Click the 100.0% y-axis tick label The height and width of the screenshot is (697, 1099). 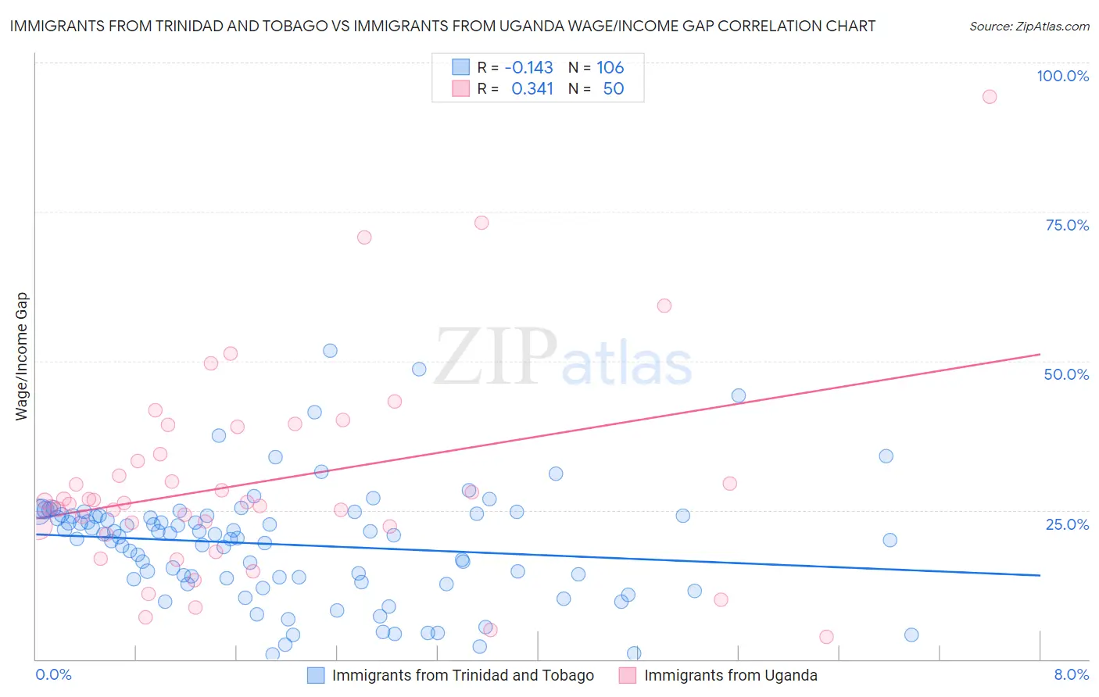point(1062,76)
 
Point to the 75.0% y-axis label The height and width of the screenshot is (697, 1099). point(1067,225)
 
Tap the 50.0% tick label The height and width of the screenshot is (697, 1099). point(1066,374)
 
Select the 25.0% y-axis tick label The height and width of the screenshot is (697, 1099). point(1067,524)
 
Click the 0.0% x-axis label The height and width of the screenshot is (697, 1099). point(53,674)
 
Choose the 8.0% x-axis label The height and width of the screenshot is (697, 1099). point(1071,674)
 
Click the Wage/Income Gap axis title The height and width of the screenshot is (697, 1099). point(21,356)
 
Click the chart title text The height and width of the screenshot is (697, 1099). point(442,26)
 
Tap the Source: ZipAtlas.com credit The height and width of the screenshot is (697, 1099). point(1029,26)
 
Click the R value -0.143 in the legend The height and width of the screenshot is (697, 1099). point(528,68)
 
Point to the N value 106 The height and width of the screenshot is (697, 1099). point(610,68)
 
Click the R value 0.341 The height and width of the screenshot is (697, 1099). point(532,89)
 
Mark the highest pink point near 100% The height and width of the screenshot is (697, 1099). point(990,97)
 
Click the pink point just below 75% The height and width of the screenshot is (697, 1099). point(481,223)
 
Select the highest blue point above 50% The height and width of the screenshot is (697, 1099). point(330,351)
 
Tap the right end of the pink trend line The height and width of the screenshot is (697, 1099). point(1040,354)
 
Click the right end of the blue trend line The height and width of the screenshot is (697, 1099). point(1040,575)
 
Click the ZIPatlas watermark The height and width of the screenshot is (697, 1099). point(563,358)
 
